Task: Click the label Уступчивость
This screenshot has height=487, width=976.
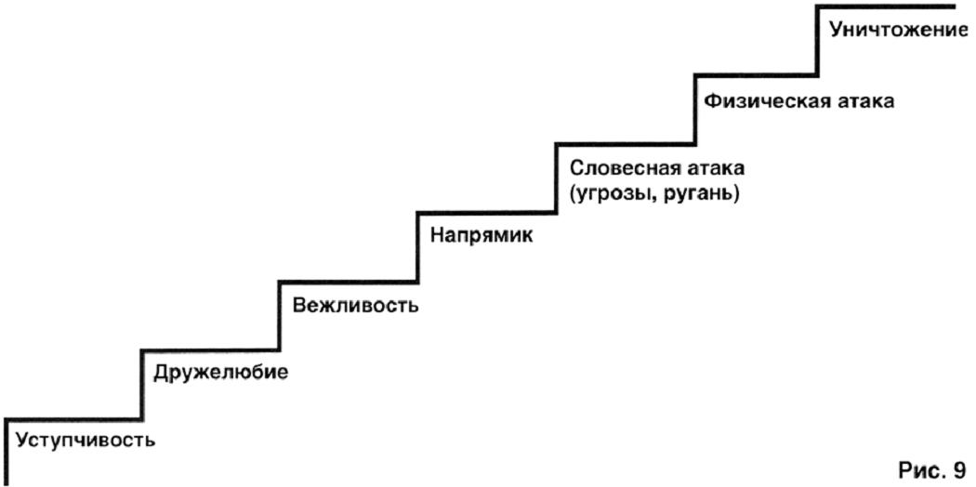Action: coord(86,441)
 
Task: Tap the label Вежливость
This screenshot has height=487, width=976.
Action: coord(355,306)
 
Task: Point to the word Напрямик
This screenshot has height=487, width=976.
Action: coord(482,237)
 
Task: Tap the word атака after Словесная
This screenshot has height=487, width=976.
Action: coord(719,168)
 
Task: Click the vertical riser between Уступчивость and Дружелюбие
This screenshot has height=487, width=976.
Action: coord(142,386)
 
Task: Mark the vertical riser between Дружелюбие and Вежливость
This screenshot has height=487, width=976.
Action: coord(280,317)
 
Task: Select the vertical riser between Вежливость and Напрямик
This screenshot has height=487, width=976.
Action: coord(417,247)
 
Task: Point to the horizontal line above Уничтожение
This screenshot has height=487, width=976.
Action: coord(886,7)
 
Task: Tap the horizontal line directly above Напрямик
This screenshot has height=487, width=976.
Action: coord(487,214)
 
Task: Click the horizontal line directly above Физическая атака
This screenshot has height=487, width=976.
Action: coord(757,74)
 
